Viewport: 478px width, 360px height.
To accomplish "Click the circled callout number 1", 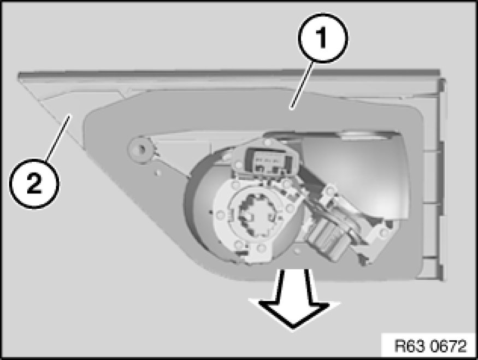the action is (x=322, y=38).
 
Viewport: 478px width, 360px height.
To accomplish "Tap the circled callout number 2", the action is (x=34, y=184).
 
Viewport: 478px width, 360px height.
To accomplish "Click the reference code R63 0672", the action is (x=430, y=346).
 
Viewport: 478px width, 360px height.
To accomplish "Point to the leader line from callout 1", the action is (x=302, y=85).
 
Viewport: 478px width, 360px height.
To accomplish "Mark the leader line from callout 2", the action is (x=58, y=138).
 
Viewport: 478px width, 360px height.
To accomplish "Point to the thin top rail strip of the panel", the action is (x=229, y=74).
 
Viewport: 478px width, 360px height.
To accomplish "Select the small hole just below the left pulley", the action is (x=157, y=173).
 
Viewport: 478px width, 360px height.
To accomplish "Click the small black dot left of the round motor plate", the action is (x=211, y=211).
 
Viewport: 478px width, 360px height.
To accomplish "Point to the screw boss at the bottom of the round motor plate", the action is (x=260, y=247).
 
